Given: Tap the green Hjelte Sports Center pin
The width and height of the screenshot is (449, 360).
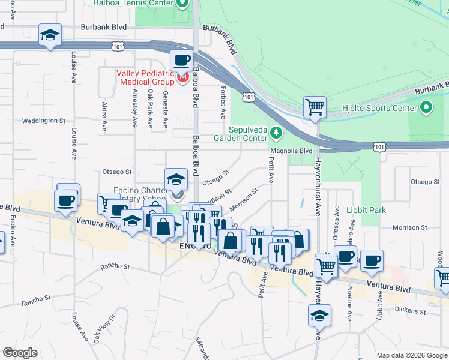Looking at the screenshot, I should pyautogui.click(x=426, y=108).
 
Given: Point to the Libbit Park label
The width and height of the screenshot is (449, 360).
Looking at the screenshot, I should pyautogui.click(x=366, y=210).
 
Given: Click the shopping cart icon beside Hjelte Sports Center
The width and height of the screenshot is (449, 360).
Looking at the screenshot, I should pyautogui.click(x=315, y=109).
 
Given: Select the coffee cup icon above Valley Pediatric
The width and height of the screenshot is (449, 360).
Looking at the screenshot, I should pyautogui.click(x=181, y=61).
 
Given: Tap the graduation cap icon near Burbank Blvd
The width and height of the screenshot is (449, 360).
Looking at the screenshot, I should pyautogui.click(x=50, y=35).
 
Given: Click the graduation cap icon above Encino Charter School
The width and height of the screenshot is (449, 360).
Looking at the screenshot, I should pyautogui.click(x=176, y=179).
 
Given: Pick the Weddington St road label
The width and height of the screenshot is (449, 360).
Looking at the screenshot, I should pyautogui.click(x=44, y=121).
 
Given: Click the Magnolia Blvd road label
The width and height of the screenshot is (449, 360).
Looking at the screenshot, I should pyautogui.click(x=292, y=151).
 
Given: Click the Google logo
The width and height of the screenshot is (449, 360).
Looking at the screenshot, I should pyautogui.click(x=20, y=353).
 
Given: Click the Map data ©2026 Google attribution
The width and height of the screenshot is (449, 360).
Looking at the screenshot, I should pyautogui.click(x=411, y=355).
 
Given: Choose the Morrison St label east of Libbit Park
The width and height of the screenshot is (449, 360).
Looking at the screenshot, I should pyautogui.click(x=410, y=228).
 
